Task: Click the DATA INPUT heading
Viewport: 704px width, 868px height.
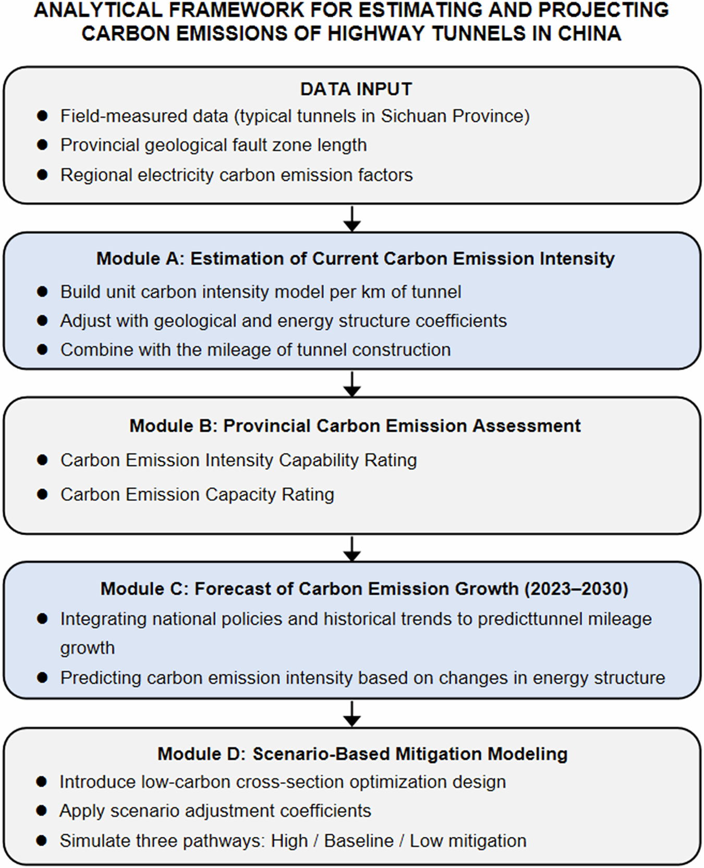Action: click(356, 89)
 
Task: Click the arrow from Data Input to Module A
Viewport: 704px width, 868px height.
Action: click(353, 218)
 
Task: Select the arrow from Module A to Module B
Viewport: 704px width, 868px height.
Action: click(353, 383)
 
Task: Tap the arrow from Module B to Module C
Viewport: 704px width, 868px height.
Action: click(353, 548)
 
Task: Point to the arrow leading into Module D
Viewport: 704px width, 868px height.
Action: click(353, 714)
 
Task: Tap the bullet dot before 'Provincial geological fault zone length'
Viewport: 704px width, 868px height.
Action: click(43, 145)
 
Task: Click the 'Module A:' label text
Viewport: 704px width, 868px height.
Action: click(140, 259)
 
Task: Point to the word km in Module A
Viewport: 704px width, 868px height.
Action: click(372, 292)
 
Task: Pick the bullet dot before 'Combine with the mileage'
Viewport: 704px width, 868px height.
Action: click(43, 349)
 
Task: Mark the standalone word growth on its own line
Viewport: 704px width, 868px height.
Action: click(87, 648)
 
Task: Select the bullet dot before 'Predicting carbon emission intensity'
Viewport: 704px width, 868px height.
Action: click(43, 678)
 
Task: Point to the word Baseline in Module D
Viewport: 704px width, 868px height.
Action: click(359, 841)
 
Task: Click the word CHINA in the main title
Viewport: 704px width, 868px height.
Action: click(589, 34)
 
